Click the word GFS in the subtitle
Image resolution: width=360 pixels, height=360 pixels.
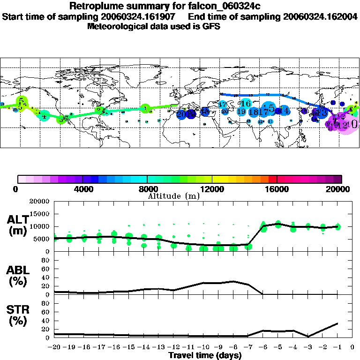tap(211, 26)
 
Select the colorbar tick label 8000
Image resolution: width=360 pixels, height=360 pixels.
tap(147, 189)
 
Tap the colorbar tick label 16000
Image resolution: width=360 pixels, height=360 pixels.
tap(277, 189)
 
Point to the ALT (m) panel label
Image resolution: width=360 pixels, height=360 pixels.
tap(17, 225)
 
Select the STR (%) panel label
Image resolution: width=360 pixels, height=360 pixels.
tap(17, 315)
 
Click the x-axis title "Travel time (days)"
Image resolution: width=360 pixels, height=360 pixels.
tap(205, 355)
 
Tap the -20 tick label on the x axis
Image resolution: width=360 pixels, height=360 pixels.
tap(54, 347)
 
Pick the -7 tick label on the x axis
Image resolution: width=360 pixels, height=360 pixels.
tap(248, 347)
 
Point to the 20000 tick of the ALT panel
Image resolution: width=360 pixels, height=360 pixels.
tap(40, 202)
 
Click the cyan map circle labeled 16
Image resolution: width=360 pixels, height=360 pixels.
tap(245, 104)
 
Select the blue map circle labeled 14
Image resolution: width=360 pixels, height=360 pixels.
tap(283, 111)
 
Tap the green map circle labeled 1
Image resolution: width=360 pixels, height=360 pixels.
tap(145, 109)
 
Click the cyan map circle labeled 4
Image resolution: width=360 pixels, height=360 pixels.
tap(44, 116)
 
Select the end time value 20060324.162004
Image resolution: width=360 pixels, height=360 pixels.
tap(320, 17)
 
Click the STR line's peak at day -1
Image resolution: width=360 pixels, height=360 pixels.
tap(337, 323)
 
